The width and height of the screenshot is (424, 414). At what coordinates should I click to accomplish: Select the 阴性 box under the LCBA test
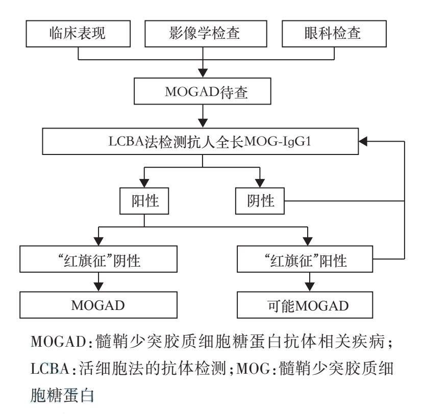[x=260, y=200]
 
